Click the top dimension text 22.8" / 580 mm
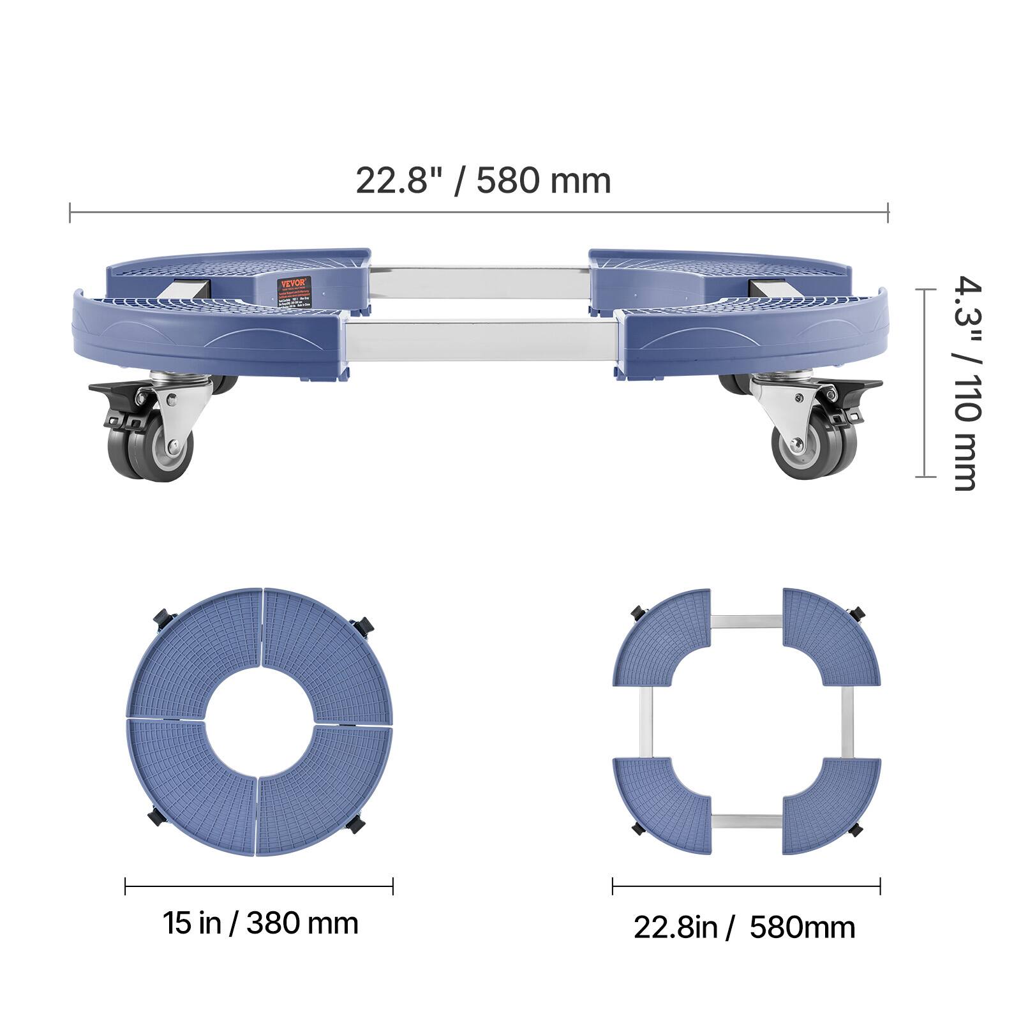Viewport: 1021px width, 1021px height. click(x=482, y=181)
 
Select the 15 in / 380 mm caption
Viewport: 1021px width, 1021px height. click(x=260, y=923)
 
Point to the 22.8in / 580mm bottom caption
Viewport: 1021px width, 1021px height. click(x=744, y=927)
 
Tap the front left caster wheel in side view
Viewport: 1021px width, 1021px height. click(x=153, y=451)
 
